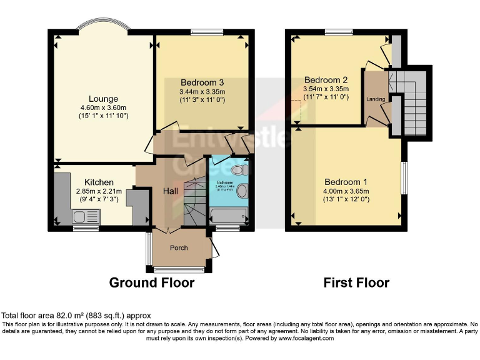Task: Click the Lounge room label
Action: click(103, 99)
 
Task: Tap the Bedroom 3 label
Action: click(202, 82)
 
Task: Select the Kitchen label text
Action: click(99, 182)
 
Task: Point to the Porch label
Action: click(179, 247)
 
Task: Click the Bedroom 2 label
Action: click(326, 79)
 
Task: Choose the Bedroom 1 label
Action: click(345, 182)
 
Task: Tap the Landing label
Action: click(376, 99)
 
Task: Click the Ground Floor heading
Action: click(151, 282)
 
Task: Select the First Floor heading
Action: click(356, 282)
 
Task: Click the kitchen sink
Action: click(79, 217)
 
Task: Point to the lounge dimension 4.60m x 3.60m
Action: click(103, 107)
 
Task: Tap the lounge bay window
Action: click(103, 25)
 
